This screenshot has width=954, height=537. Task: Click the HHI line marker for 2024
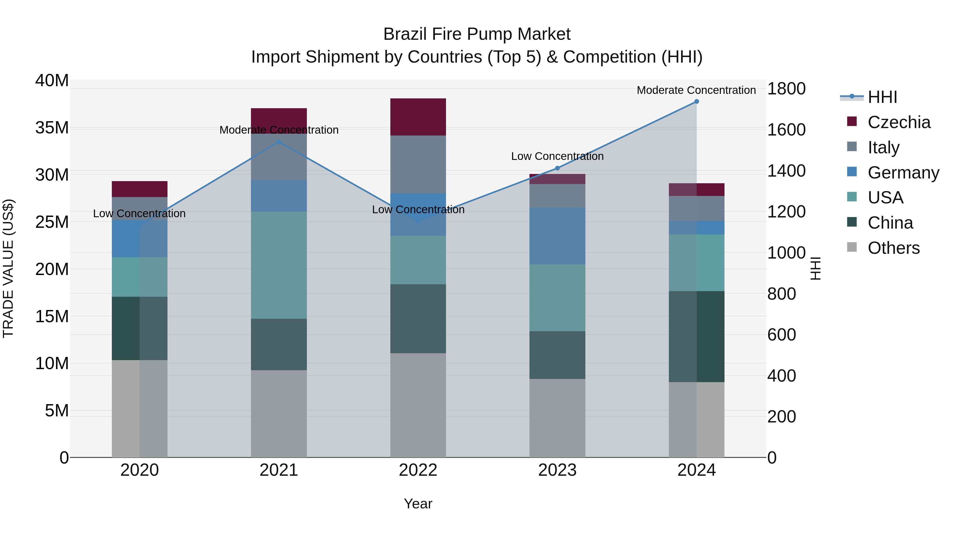[696, 102]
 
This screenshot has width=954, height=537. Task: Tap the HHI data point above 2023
[557, 168]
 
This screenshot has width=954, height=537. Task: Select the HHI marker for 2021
[279, 142]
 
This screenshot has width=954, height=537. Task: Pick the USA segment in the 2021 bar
[279, 265]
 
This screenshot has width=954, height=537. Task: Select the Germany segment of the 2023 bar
[557, 236]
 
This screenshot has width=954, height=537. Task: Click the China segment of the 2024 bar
[696, 337]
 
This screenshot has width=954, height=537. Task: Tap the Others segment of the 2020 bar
[140, 408]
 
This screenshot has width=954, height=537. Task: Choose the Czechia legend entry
[899, 122]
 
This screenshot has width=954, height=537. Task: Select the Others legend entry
[893, 248]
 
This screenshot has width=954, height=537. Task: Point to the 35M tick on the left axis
[52, 128]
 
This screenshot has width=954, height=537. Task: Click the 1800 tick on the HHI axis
[786, 89]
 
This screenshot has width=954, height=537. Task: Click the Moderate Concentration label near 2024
[696, 90]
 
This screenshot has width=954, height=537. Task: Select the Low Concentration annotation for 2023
[557, 156]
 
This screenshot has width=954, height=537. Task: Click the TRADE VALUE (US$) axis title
[8, 268]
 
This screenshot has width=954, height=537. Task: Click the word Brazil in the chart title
[403, 34]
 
